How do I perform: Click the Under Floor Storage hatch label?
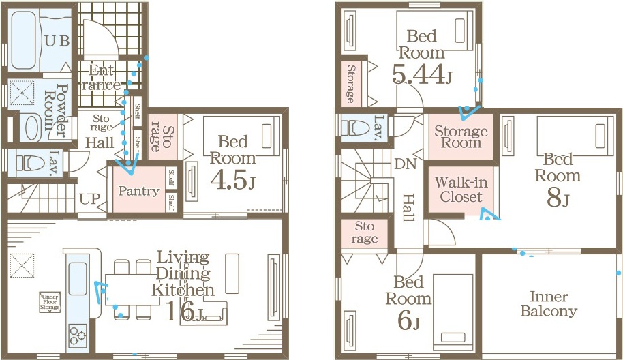pos(50,302)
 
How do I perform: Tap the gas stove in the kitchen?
pos(77,336)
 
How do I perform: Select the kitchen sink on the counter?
pos(78,279)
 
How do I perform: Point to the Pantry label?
pos(138,191)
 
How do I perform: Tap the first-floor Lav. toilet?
pos(31,163)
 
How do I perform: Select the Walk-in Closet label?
pos(461,189)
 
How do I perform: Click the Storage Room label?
pos(461,136)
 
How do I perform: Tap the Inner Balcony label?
pos(549,303)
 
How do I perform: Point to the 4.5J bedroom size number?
pos(232,181)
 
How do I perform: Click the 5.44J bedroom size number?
pos(421,75)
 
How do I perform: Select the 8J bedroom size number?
pos(558,198)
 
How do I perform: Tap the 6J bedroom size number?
pos(408,320)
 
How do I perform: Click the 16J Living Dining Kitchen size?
pos(183,311)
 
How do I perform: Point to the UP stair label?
pos(90,198)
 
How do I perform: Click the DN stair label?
pos(406,164)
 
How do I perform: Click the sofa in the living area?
pos(203,312)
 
